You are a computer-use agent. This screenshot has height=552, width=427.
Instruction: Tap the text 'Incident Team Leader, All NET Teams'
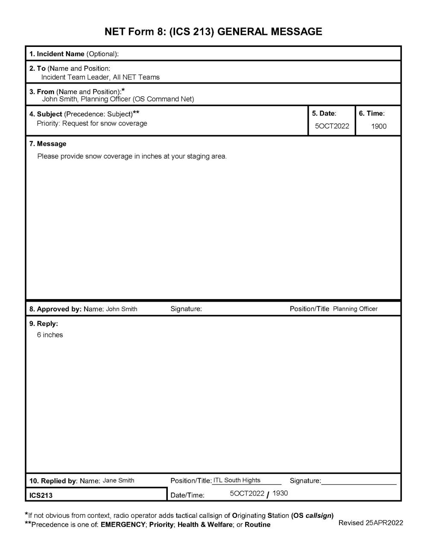(x=100, y=77)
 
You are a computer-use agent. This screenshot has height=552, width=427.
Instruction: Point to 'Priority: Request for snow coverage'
(x=92, y=123)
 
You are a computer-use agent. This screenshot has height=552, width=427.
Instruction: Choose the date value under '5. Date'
(x=332, y=126)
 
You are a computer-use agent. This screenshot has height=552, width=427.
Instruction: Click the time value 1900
(x=378, y=126)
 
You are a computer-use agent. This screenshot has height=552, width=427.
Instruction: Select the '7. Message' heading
(x=48, y=144)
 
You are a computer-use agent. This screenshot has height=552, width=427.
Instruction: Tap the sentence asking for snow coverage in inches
(x=132, y=156)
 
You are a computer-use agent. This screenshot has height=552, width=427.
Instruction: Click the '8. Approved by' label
(x=55, y=309)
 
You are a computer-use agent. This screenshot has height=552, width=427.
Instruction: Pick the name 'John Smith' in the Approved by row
(x=122, y=309)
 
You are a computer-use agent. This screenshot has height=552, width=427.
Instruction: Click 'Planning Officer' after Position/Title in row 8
(x=355, y=309)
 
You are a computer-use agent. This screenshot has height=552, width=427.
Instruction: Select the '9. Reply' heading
(x=44, y=324)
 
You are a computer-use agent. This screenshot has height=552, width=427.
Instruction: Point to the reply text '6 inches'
(x=50, y=335)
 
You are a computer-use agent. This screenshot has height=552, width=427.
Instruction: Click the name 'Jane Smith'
(x=118, y=480)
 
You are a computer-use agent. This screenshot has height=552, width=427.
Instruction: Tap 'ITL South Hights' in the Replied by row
(x=237, y=480)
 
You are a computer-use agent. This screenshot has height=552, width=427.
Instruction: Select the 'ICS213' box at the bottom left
(x=41, y=495)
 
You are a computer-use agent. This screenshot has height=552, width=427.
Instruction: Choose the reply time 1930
(x=280, y=493)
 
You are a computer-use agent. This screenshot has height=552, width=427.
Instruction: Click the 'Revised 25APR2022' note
(x=371, y=523)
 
